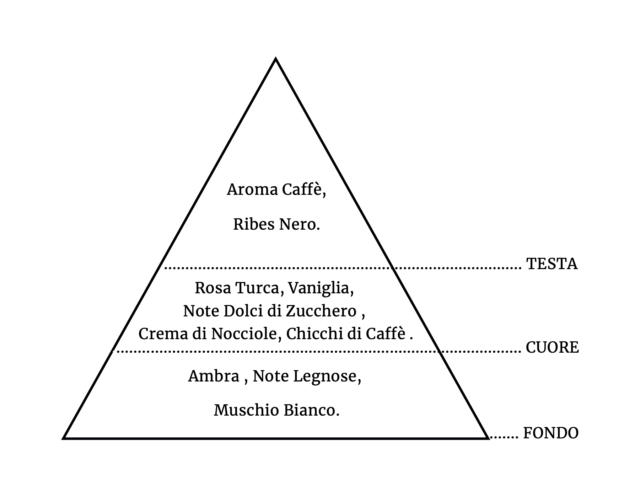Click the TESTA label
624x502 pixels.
(x=552, y=264)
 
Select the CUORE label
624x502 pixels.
(x=552, y=347)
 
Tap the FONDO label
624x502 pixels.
(x=551, y=433)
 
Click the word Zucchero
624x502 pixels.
(x=321, y=311)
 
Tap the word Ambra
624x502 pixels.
(x=214, y=376)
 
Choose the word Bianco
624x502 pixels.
(x=312, y=411)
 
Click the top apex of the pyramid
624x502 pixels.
(x=276, y=59)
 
